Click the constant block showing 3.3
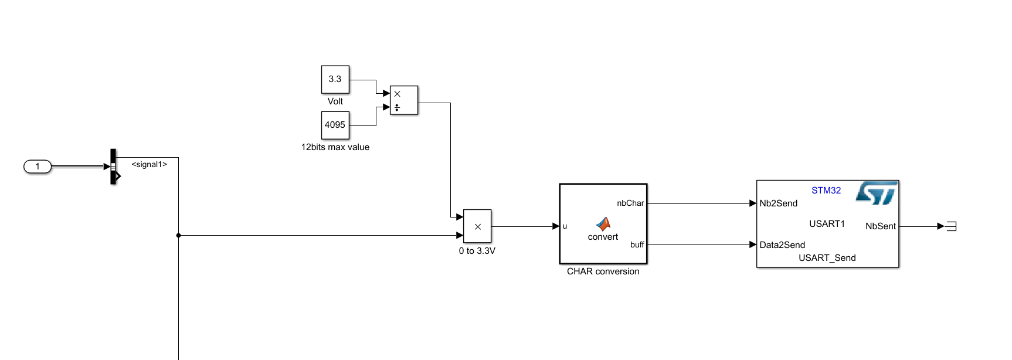[x=335, y=79]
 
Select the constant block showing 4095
[x=335, y=125]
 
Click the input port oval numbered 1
[x=38, y=167]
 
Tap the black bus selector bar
[x=113, y=167]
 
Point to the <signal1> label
[x=149, y=165]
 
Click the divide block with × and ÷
[x=404, y=100]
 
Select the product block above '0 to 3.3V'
[x=477, y=226]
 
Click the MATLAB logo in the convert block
[x=603, y=223]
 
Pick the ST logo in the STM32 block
[x=877, y=193]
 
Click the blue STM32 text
[x=826, y=191]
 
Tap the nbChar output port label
[x=630, y=203]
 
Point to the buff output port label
[x=637, y=245]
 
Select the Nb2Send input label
[x=778, y=203]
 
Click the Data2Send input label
[x=782, y=245]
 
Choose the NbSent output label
[x=880, y=226]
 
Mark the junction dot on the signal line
[x=178, y=236]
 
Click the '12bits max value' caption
[x=335, y=147]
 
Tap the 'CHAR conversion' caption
[x=603, y=271]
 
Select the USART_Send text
[x=827, y=258]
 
